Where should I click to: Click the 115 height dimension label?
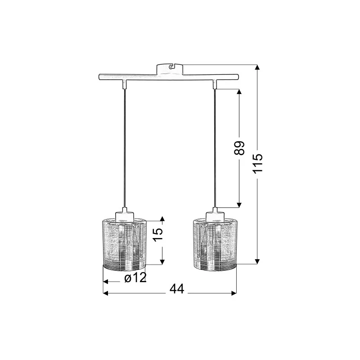(x=257, y=163)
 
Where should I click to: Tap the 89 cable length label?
(x=239, y=148)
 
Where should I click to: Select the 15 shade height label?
(x=158, y=234)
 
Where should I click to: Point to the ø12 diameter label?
(x=135, y=278)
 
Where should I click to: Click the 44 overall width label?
(x=177, y=289)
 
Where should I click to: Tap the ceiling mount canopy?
(x=170, y=69)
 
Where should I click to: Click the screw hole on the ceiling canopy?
(x=171, y=67)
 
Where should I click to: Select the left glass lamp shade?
(x=124, y=244)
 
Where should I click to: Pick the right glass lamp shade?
(x=215, y=244)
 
